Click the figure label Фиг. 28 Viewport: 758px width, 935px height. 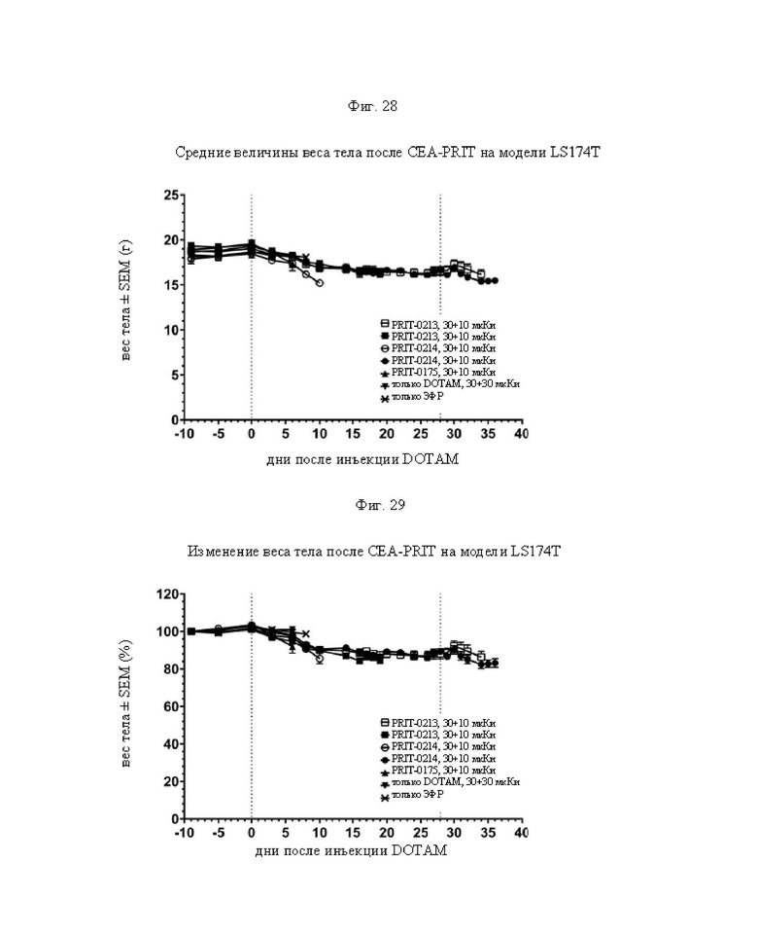tap(372, 106)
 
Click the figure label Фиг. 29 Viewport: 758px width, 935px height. tap(380, 505)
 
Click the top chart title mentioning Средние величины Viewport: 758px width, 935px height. tap(387, 152)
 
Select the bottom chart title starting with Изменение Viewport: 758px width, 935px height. tap(374, 551)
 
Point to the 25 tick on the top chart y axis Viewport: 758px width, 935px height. tap(171, 195)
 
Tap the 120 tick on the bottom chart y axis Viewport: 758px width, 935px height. tap(167, 593)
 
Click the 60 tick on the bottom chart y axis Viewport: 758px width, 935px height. tap(171, 706)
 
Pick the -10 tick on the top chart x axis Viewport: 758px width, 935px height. tap(184, 434)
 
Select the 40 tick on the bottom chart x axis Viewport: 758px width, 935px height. tap(521, 833)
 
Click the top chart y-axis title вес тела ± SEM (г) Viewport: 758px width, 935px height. tap(125, 300)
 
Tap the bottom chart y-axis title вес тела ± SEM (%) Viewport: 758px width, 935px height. tap(125, 703)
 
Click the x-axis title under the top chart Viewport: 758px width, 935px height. tap(362, 459)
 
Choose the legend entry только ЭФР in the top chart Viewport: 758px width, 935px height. tap(412, 397)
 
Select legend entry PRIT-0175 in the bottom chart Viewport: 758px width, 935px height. tap(438, 771)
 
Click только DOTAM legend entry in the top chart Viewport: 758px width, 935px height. tap(450, 384)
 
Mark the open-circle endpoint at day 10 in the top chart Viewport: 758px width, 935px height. tap(320, 283)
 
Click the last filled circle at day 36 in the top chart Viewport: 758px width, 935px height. tap(495, 280)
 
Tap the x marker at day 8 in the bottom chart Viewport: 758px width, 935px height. tap(306, 633)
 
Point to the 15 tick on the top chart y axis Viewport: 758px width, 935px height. tap(171, 285)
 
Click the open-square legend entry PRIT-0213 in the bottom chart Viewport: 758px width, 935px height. tap(438, 723)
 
